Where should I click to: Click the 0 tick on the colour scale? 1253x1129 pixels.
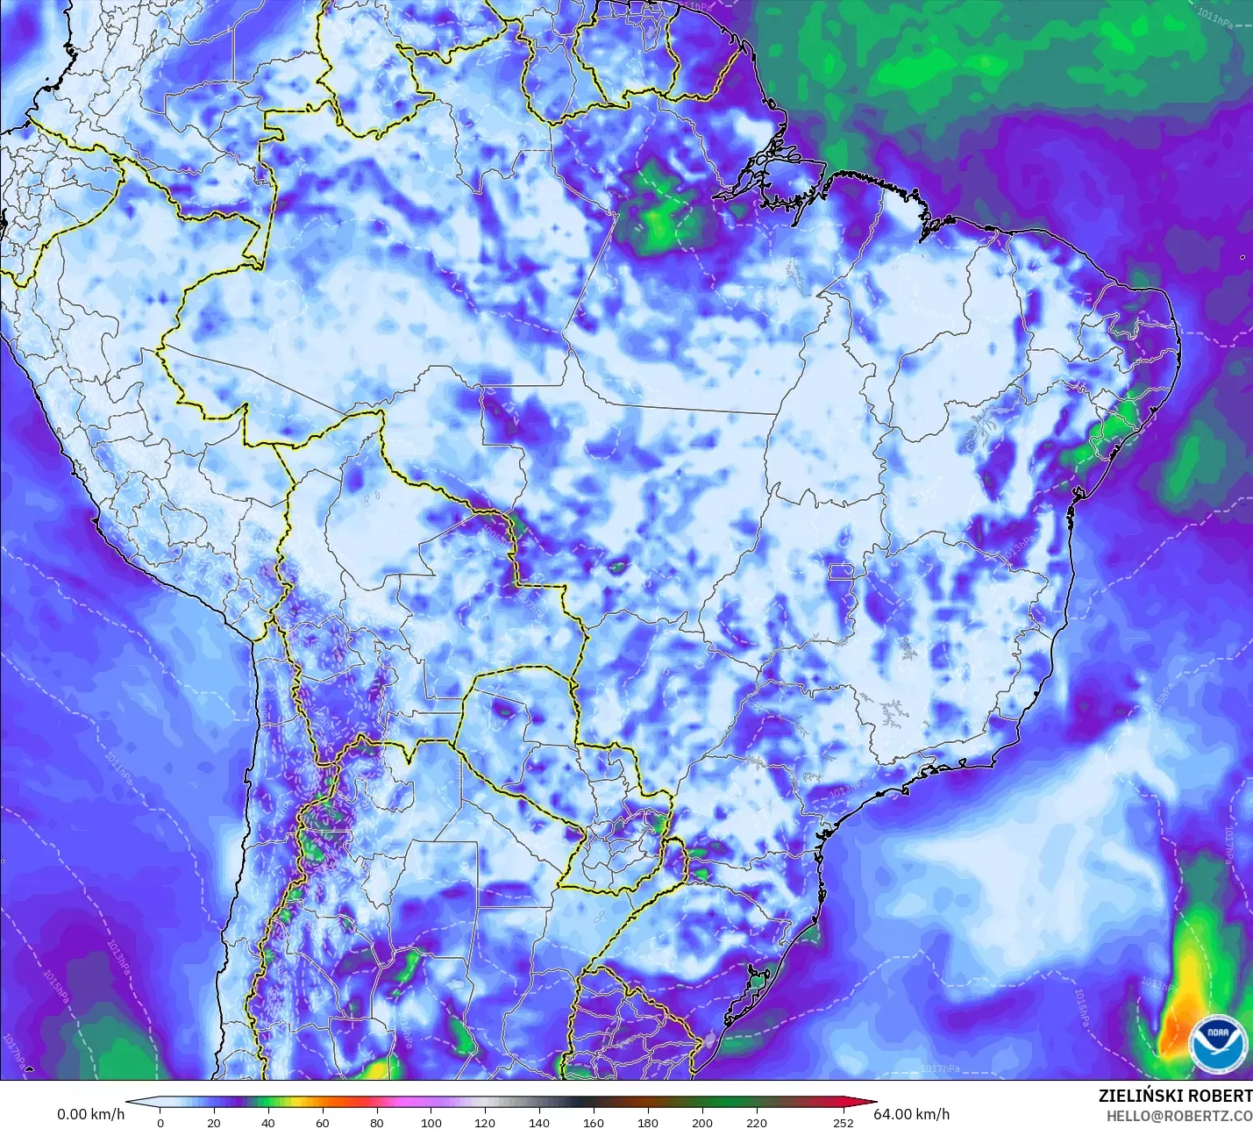pos(160,1122)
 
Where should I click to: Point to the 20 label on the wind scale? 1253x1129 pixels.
pos(214,1122)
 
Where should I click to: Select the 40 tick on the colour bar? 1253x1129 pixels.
pos(268,1122)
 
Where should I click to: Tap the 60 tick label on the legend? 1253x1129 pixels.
pos(323,1122)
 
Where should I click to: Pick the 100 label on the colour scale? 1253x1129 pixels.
pos(431,1122)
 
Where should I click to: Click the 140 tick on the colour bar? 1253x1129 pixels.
pos(539,1122)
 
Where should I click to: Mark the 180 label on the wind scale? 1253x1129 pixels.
pos(648,1122)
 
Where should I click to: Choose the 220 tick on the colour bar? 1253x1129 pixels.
pos(757,1122)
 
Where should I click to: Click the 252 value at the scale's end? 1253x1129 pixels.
pos(843,1122)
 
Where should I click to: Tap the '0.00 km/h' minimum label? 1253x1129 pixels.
pos(91,1114)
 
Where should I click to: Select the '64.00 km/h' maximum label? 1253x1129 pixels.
pos(912,1114)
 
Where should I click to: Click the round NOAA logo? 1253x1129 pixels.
pos(1218,1042)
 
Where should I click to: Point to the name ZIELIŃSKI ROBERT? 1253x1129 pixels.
pos(1175,1096)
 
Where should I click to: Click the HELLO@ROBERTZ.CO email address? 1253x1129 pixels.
pos(1178,1115)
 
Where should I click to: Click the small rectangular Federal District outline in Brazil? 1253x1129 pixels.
pos(843,573)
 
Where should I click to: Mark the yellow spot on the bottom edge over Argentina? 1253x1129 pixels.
pos(377,1070)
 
